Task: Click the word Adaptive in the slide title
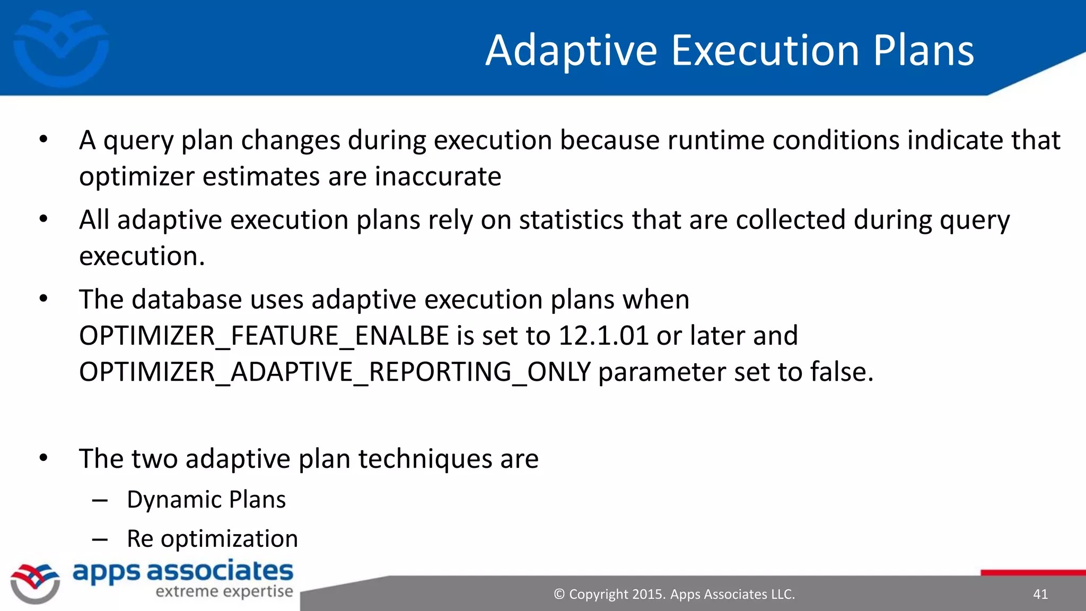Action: [571, 51]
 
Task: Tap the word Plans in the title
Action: [923, 50]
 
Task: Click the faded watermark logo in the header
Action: [61, 49]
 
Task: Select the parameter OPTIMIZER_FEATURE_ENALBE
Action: [264, 336]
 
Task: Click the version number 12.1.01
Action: [603, 336]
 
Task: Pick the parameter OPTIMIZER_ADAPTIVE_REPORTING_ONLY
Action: [335, 372]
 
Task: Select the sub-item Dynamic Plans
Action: [206, 500]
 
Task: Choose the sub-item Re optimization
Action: [212, 539]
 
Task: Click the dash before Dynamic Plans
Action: [100, 500]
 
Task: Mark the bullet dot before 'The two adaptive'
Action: [43, 458]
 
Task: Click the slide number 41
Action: [1040, 594]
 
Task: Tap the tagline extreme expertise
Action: [224, 591]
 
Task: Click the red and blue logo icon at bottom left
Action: [35, 583]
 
